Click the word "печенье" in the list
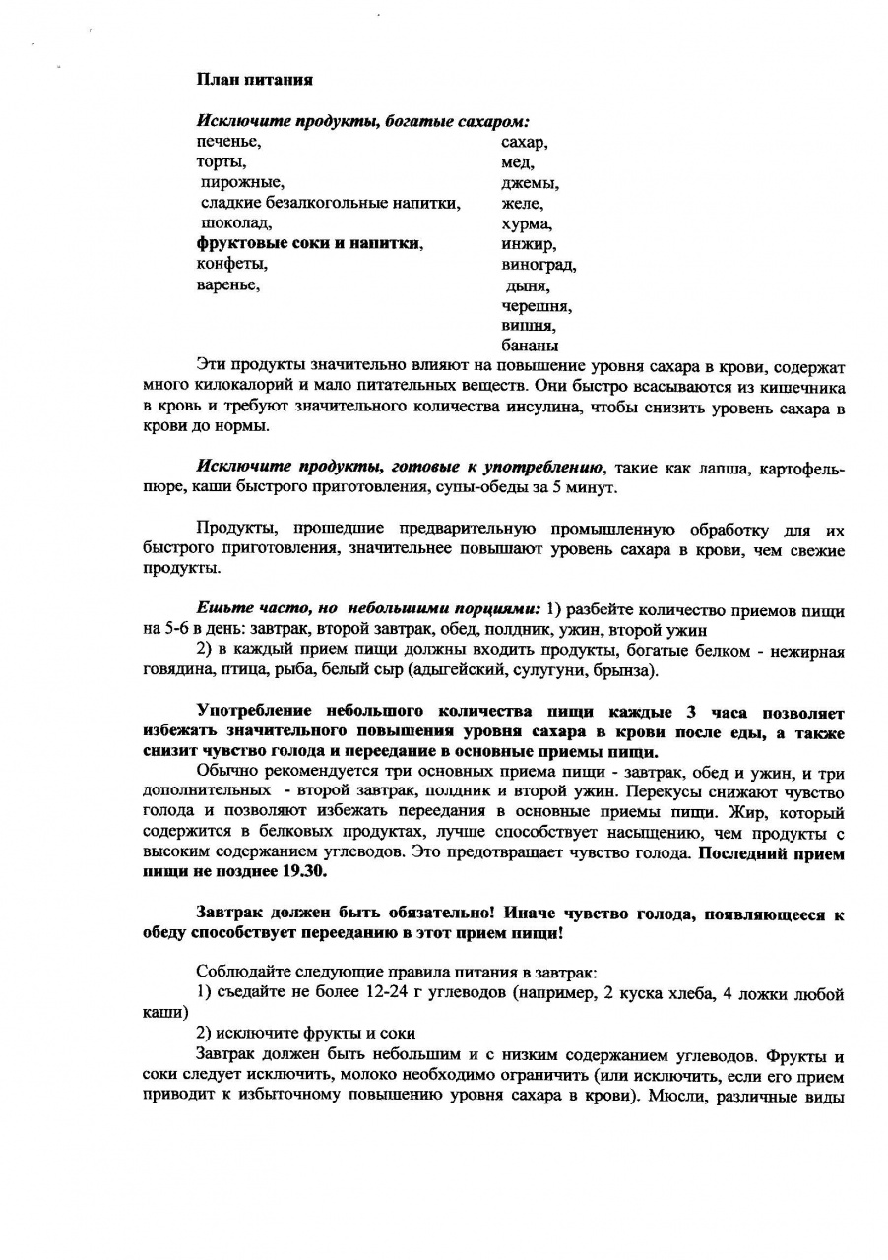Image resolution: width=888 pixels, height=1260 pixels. click(227, 142)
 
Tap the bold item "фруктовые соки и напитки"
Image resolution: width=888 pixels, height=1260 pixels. click(309, 243)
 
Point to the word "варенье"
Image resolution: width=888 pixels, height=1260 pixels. click(227, 284)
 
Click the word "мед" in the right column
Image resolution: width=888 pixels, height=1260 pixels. click(517, 162)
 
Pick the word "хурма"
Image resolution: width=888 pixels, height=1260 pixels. click(526, 223)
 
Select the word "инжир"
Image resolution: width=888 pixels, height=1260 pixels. click(528, 244)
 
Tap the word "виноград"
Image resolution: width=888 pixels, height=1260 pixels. click(538, 265)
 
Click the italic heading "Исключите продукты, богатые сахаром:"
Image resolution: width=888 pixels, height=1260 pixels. click(363, 122)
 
